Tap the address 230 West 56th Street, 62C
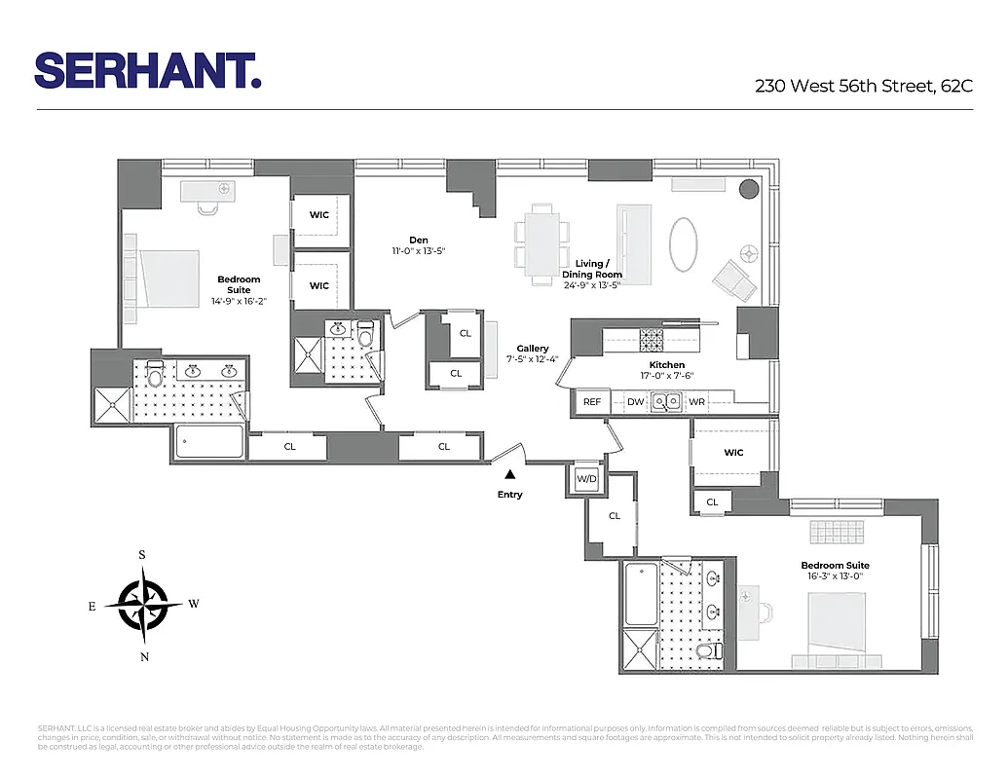[864, 86]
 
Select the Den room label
[419, 241]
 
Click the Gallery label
[533, 349]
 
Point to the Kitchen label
[667, 365]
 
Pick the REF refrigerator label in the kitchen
[591, 402]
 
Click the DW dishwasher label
[635, 402]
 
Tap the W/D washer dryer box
[586, 479]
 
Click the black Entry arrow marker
[509, 475]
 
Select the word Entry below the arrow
[509, 495]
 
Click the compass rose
[143, 605]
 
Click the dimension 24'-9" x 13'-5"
[591, 284]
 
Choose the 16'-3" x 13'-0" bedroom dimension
[835, 576]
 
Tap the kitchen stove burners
[652, 340]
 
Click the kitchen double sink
[667, 400]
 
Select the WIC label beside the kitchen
[733, 453]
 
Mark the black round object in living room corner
[750, 189]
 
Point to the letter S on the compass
[142, 555]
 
